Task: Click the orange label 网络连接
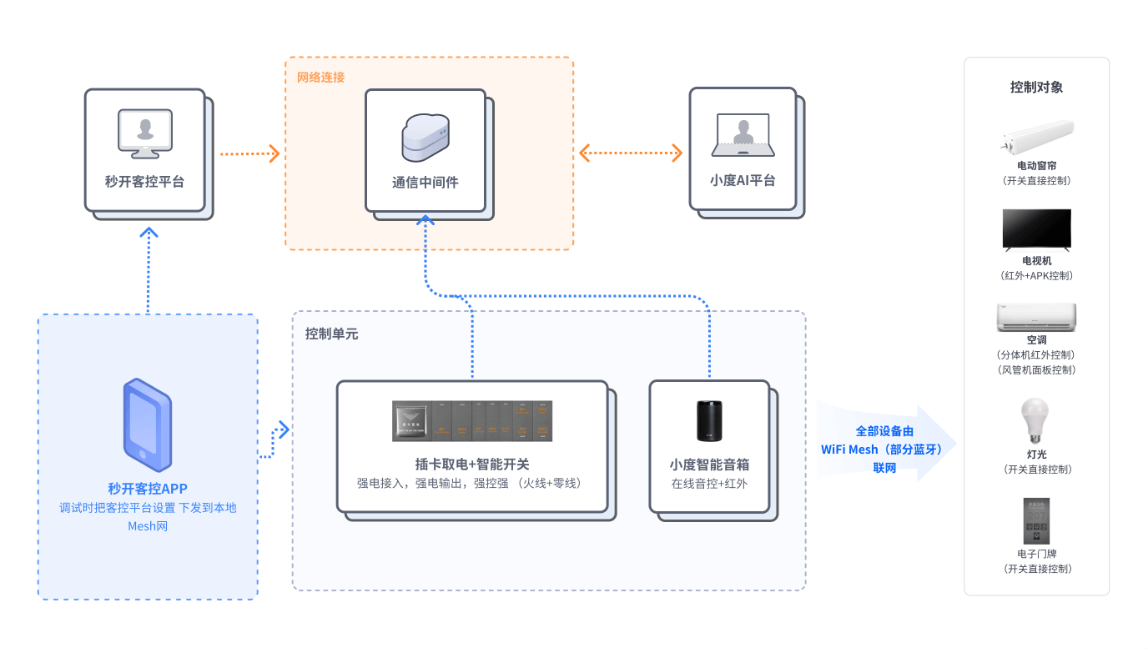pos(320,78)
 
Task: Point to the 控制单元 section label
pos(331,334)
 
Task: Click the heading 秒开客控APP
pos(148,489)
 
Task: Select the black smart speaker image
pos(708,420)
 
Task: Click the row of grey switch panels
pos(473,420)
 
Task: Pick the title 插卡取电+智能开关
pos(472,465)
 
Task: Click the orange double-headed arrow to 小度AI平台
pos(631,153)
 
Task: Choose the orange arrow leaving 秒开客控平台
pos(249,153)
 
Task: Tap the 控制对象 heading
pos(1036,87)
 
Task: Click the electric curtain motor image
pos(1036,138)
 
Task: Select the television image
pos(1036,229)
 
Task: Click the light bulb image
pos(1035,420)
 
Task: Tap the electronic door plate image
pos(1036,521)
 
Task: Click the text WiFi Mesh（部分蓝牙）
pos(884,450)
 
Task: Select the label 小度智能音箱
pos(709,465)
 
